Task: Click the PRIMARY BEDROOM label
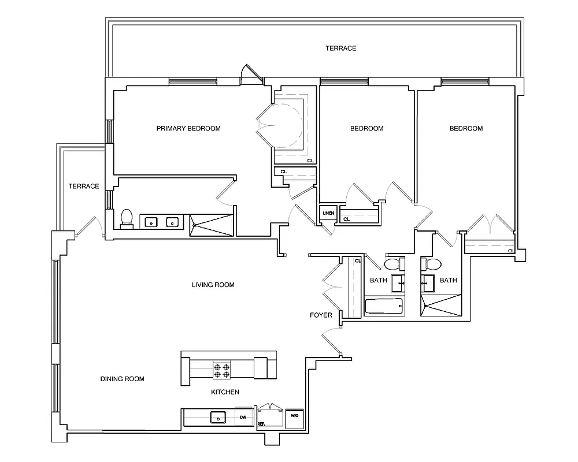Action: [x=188, y=128]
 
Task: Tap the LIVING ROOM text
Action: [x=213, y=285]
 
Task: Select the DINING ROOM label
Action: [x=122, y=379]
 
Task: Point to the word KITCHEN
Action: [x=225, y=392]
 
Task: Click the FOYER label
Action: [x=321, y=315]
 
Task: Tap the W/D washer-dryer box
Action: [x=294, y=416]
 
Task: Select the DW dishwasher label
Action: [x=244, y=416]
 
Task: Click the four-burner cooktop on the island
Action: [x=222, y=369]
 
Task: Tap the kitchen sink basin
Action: [x=218, y=417]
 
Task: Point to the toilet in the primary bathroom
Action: [x=127, y=218]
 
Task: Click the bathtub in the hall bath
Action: [x=384, y=306]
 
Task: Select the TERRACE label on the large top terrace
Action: [x=340, y=49]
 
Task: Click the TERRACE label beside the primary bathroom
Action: [x=84, y=186]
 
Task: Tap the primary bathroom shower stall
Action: [x=212, y=224]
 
